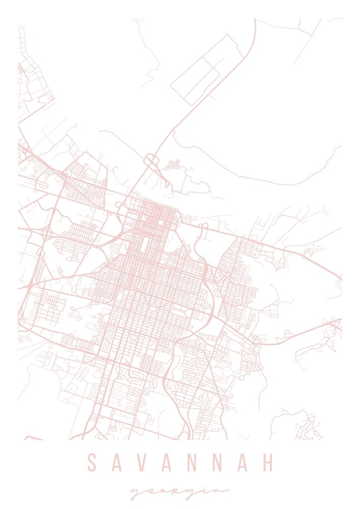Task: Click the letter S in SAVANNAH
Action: pyautogui.click(x=92, y=463)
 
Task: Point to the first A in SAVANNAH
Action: pyautogui.click(x=117, y=463)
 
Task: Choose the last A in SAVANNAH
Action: pyautogui.click(x=242, y=463)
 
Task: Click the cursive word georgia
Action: pyautogui.click(x=179, y=492)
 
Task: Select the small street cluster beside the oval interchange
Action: pyautogui.click(x=173, y=165)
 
